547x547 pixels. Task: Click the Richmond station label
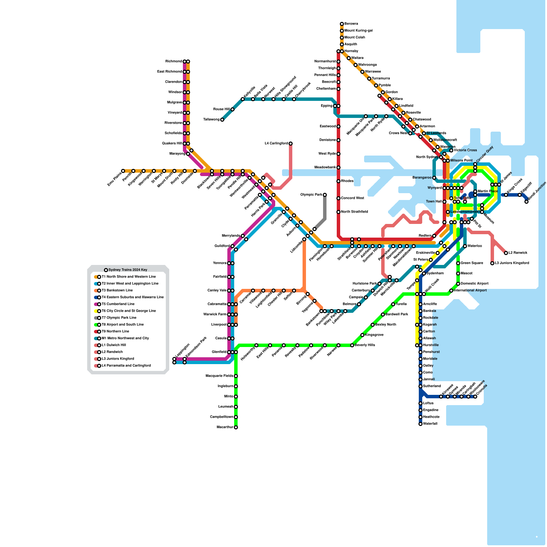pos(174,62)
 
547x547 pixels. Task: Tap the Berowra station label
pos(351,24)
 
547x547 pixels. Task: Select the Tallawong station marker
pos(222,120)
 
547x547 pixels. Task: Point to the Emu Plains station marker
pos(123,171)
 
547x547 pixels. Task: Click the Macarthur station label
pos(225,427)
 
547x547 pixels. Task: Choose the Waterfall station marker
pos(421,424)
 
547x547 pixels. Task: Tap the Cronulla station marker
pos(475,397)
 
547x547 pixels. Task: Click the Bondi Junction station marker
pos(526,202)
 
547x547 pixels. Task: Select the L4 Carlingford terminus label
pos(276,144)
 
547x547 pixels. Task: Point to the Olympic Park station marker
pos(325,195)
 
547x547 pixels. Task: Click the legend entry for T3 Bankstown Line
pos(117,290)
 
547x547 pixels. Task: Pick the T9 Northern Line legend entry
pos(115,331)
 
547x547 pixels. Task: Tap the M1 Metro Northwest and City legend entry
pos(125,338)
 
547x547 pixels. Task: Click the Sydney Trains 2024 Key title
pos(128,270)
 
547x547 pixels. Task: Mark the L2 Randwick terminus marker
pos(506,253)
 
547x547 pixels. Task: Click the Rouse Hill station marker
pos(232,109)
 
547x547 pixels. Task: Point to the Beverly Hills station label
pos(365,345)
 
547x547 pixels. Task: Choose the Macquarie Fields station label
pos(219,376)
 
